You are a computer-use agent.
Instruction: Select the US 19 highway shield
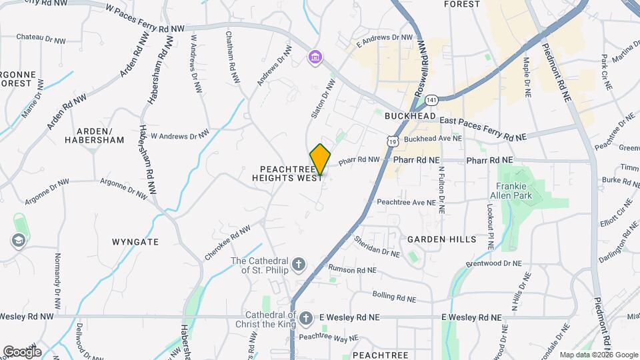(393, 139)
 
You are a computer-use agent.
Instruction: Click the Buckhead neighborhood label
(410, 116)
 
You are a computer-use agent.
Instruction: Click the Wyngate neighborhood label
(135, 242)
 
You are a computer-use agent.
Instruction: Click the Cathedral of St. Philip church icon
(298, 265)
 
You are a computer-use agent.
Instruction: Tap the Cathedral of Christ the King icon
(306, 318)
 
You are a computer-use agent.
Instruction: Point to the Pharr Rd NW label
(359, 160)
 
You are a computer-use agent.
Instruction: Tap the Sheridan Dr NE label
(376, 246)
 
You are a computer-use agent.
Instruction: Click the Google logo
(22, 351)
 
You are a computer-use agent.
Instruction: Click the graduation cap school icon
(17, 240)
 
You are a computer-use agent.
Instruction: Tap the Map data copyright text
(598, 355)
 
